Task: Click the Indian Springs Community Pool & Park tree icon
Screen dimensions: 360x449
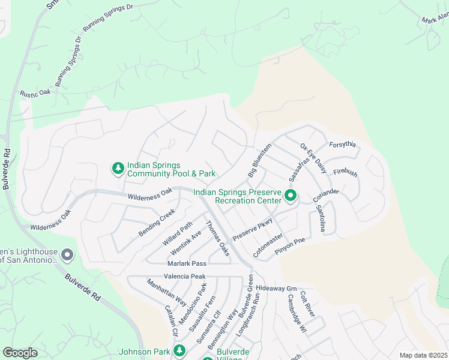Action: [x=118, y=169]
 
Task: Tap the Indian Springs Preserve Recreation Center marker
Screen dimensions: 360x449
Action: [x=291, y=196]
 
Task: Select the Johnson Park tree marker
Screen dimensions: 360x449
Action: [x=178, y=350]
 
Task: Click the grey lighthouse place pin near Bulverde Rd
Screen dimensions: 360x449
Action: [x=67, y=256]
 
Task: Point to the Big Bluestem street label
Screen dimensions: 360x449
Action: [x=260, y=160]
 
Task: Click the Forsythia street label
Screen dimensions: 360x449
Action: [x=343, y=145]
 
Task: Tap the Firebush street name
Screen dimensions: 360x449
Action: [x=345, y=173]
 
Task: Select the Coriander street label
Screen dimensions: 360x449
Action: [x=326, y=195]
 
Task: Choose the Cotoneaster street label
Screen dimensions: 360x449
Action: [x=268, y=245]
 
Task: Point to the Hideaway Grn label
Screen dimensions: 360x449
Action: [x=276, y=288]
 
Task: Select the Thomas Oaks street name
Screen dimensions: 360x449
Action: [x=218, y=238]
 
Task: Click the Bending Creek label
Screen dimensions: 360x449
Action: [x=156, y=222]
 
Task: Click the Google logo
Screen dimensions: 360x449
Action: [x=20, y=353]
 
